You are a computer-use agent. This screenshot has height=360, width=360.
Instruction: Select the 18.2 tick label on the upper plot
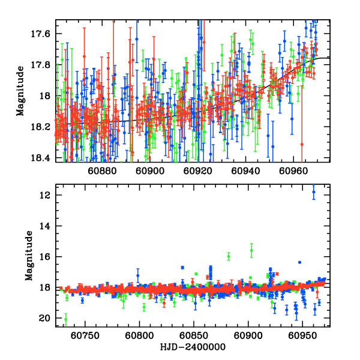pos(43,127)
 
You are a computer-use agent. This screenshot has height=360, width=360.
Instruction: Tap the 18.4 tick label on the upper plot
pos(43,158)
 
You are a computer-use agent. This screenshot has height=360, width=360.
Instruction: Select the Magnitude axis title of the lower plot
pos(29,257)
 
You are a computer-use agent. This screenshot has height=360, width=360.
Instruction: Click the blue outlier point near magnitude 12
pos(313,192)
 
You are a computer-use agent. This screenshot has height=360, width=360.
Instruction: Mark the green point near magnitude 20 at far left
pos(65,319)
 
